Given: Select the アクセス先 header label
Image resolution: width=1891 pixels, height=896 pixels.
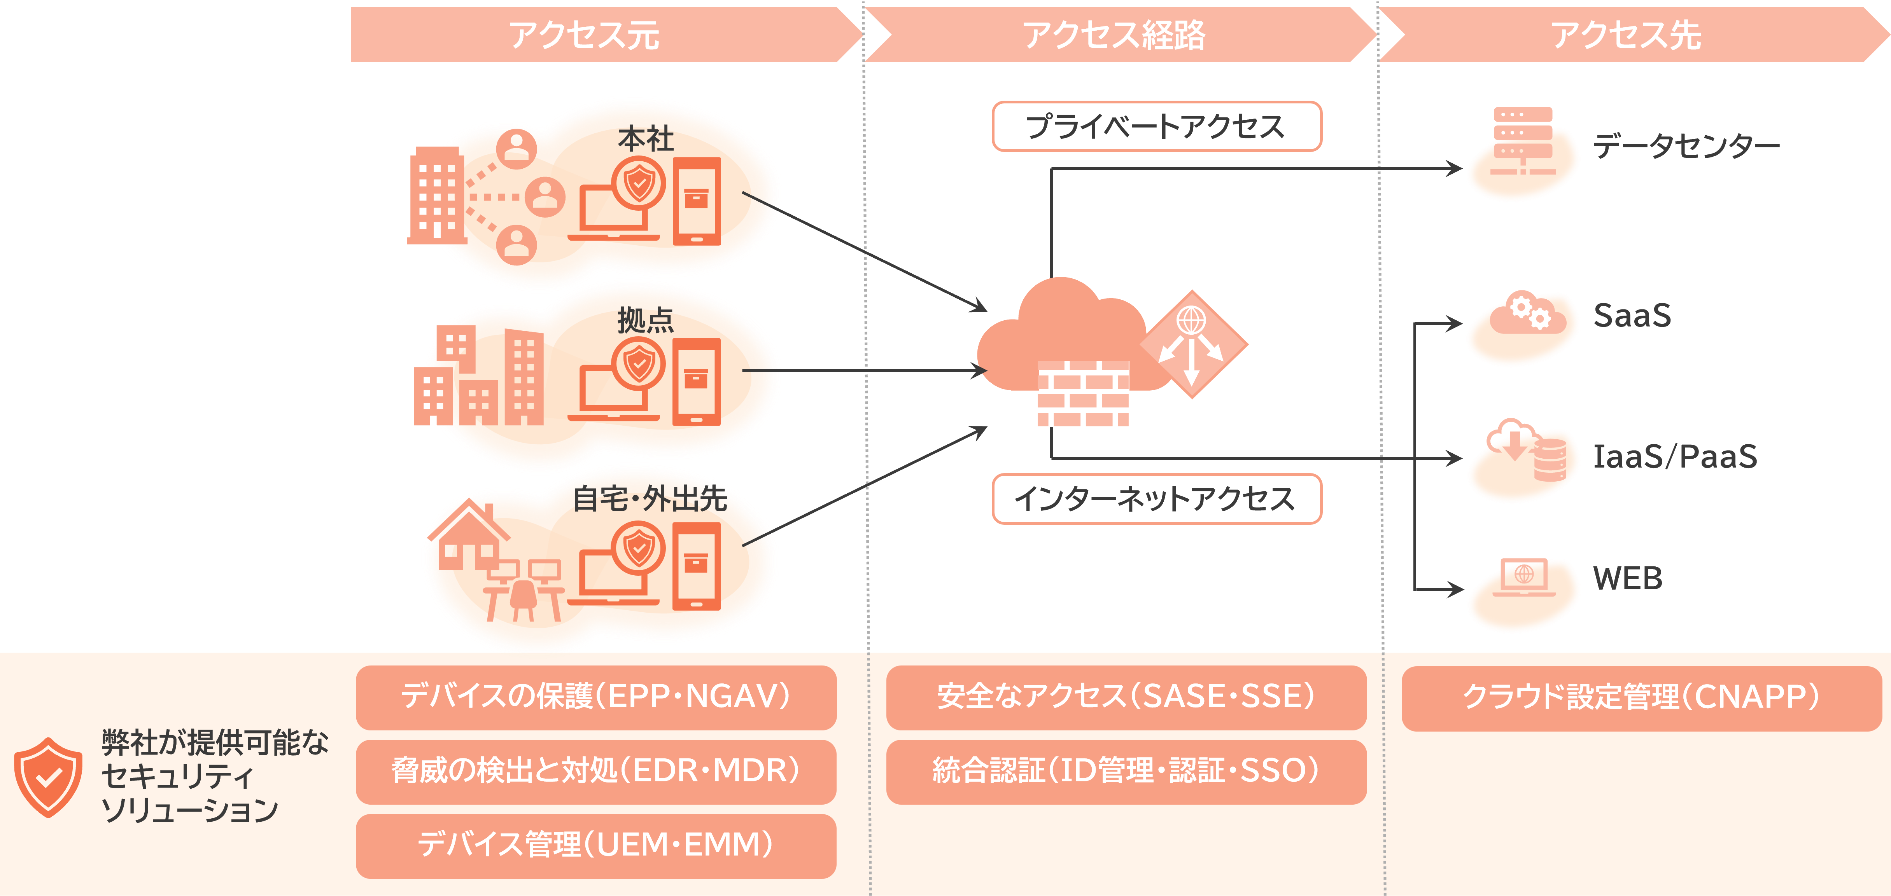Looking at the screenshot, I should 1626,35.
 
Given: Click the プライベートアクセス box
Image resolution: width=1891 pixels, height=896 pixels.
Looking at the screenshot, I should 1156,126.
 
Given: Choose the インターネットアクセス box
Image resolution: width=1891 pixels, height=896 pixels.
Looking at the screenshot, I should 1156,499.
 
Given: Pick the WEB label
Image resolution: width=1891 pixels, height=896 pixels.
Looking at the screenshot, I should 1627,578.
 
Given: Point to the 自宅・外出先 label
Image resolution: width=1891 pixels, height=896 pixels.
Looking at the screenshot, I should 650,499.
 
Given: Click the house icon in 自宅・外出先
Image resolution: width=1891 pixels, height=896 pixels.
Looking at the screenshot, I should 468,536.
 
